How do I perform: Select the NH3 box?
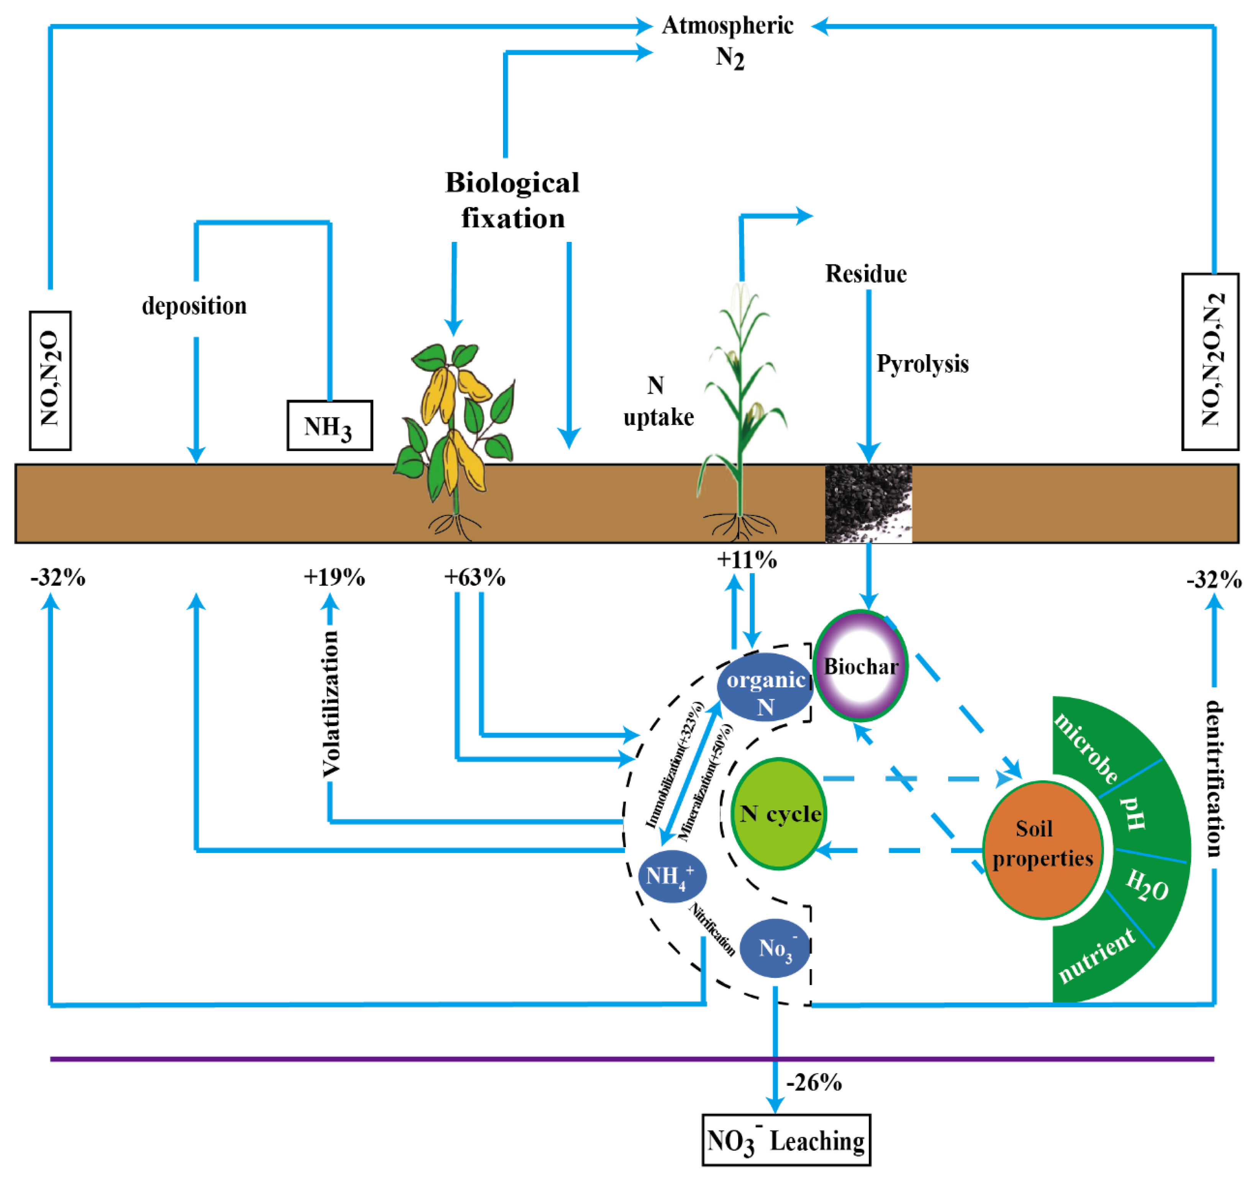[330, 425]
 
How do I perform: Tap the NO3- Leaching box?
[786, 1140]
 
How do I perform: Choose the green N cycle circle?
[779, 813]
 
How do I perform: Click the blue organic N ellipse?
[765, 692]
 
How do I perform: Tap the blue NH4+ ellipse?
[672, 876]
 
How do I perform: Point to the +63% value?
[475, 577]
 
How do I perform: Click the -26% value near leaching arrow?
[814, 1082]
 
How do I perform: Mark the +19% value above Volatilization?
[334, 577]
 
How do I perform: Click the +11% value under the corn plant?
[747, 559]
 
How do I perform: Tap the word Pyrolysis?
[922, 364]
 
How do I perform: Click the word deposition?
[194, 306]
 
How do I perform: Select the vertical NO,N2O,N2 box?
[1210, 361]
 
